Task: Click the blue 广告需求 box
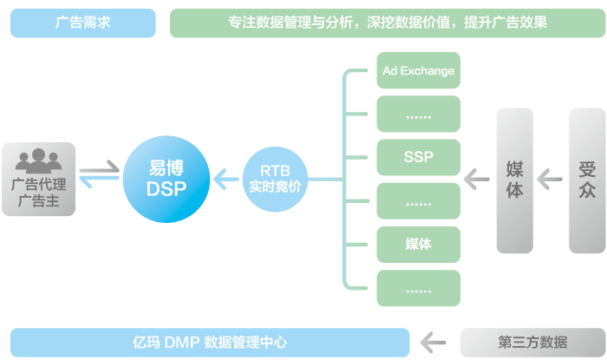(x=83, y=23)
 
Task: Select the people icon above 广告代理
(x=38, y=160)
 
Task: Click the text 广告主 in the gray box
(x=38, y=202)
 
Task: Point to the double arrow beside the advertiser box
(x=100, y=173)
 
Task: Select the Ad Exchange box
(x=419, y=70)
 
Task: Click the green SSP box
(x=419, y=158)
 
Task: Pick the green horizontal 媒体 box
(x=419, y=244)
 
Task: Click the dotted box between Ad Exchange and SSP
(x=419, y=115)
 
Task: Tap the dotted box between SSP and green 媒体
(x=419, y=201)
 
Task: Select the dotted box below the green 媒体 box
(x=419, y=288)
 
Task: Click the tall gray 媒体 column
(x=514, y=180)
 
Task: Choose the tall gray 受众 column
(x=587, y=180)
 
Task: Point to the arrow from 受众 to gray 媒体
(x=551, y=180)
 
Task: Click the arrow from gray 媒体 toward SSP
(x=477, y=180)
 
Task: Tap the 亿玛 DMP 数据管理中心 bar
(x=210, y=341)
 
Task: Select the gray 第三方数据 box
(x=532, y=341)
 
